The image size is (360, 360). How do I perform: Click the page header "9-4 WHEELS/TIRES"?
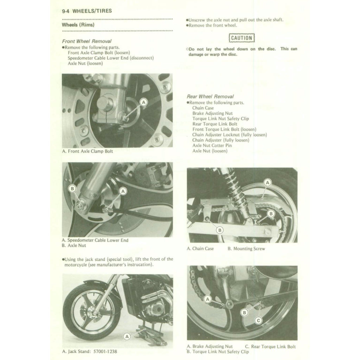pyautogui.click(x=87, y=11)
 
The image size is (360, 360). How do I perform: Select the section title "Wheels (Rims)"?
pyautogui.click(x=78, y=25)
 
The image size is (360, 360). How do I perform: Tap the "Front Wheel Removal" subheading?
pyautogui.click(x=86, y=41)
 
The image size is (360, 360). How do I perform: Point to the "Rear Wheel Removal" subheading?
pyautogui.click(x=210, y=96)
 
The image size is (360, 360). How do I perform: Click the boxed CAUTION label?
pyautogui.click(x=242, y=38)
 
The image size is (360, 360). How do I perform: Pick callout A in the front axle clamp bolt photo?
pyautogui.click(x=143, y=102)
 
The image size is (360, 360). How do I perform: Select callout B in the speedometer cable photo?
pyautogui.click(x=72, y=189)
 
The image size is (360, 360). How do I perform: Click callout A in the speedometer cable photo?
pyautogui.click(x=123, y=191)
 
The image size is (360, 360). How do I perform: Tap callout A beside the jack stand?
pyautogui.click(x=128, y=336)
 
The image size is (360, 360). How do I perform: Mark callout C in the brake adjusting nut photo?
pyautogui.click(x=258, y=320)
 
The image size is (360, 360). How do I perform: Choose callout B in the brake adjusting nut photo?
pyautogui.click(x=244, y=312)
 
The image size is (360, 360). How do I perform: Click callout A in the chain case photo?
pyautogui.click(x=268, y=183)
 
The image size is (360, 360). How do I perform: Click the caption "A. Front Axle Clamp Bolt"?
pyautogui.click(x=88, y=151)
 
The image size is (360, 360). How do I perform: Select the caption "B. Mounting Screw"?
pyautogui.click(x=246, y=249)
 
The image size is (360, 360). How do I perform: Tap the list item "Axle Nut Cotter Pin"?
pyautogui.click(x=212, y=146)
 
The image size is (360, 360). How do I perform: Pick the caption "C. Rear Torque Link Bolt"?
pyautogui.click(x=270, y=347)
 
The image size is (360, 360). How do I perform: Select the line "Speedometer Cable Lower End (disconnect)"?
pyautogui.click(x=111, y=58)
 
